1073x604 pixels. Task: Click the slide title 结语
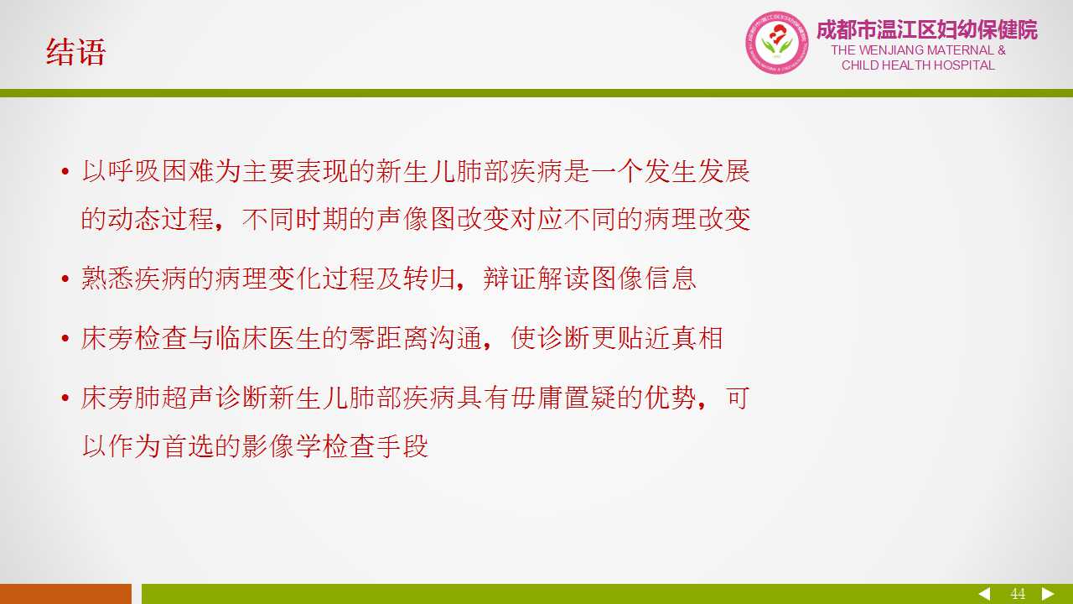75,52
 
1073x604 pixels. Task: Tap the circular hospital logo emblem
776,43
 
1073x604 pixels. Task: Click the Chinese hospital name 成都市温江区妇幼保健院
927,29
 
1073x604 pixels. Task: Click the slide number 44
1018,594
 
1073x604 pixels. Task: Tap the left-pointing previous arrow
984,594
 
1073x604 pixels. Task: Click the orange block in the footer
65,594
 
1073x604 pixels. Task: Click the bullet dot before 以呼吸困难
65,171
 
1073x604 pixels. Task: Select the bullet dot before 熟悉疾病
65,279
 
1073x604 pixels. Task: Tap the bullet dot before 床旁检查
65,338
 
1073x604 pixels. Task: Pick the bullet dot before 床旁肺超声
65,398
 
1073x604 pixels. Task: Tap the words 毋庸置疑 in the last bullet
562,398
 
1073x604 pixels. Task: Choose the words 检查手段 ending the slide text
375,446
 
